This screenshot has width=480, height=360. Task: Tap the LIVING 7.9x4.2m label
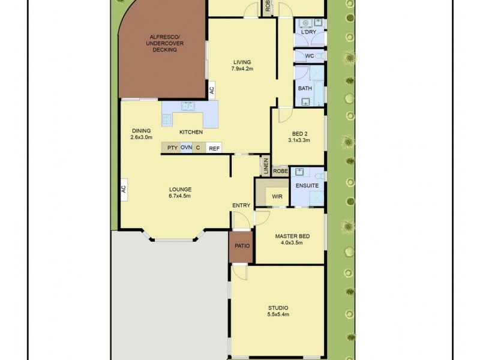click(x=242, y=65)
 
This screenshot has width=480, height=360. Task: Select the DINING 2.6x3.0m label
click(x=142, y=134)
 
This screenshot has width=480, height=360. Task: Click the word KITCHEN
click(x=191, y=132)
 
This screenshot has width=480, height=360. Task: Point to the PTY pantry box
click(x=172, y=148)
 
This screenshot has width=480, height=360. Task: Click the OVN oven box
click(x=186, y=148)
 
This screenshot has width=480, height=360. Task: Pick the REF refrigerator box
click(x=214, y=148)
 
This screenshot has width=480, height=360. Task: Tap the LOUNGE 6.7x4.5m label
click(x=180, y=193)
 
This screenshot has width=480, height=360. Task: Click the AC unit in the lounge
click(x=123, y=189)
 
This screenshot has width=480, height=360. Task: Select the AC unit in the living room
click(x=211, y=90)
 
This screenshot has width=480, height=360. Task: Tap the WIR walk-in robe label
click(x=277, y=196)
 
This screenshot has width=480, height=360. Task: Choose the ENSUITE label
click(x=307, y=186)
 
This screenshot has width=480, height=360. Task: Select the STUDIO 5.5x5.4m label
click(x=278, y=311)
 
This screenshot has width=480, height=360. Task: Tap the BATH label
click(x=305, y=89)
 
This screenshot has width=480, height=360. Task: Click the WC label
click(x=309, y=56)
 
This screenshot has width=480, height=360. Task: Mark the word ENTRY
click(x=241, y=206)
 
